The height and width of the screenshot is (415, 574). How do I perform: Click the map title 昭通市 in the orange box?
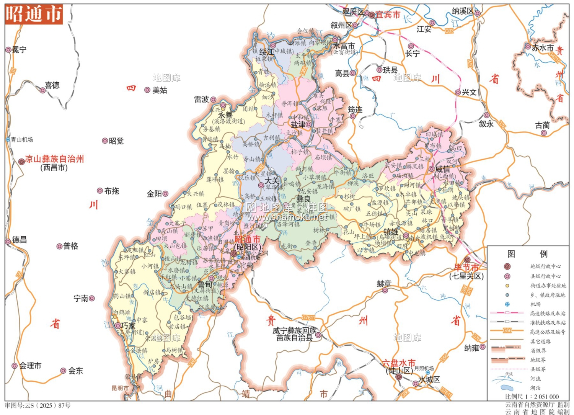[x=34, y=14]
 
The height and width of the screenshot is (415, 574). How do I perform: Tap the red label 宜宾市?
[x=387, y=15]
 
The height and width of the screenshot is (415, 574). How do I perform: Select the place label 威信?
[x=442, y=169]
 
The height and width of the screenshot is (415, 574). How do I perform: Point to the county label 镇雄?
[x=391, y=232]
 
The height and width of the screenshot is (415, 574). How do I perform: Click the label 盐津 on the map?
[x=298, y=124]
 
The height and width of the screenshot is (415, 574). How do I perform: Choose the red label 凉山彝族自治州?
[x=54, y=159]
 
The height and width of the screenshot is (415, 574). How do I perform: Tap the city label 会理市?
[x=30, y=366]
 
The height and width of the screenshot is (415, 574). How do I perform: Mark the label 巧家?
[x=128, y=326]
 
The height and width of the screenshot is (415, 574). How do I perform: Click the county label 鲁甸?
[x=205, y=284]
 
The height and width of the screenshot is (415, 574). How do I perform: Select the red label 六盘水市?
[x=398, y=363]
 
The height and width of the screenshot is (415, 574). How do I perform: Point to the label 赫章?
[x=384, y=283]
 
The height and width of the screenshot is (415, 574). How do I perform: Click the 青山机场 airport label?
[x=22, y=140]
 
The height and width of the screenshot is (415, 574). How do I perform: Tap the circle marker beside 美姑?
[x=147, y=90]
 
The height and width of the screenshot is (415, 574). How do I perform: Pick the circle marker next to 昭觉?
[x=104, y=141]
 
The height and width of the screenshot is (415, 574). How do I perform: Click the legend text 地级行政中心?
[x=545, y=266]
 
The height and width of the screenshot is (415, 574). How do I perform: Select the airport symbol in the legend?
[x=507, y=304]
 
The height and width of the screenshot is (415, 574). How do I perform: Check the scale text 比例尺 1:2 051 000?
[x=532, y=397]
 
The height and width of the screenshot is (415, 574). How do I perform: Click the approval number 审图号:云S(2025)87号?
[x=38, y=405]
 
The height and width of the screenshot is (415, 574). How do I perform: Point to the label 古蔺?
[x=542, y=125]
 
